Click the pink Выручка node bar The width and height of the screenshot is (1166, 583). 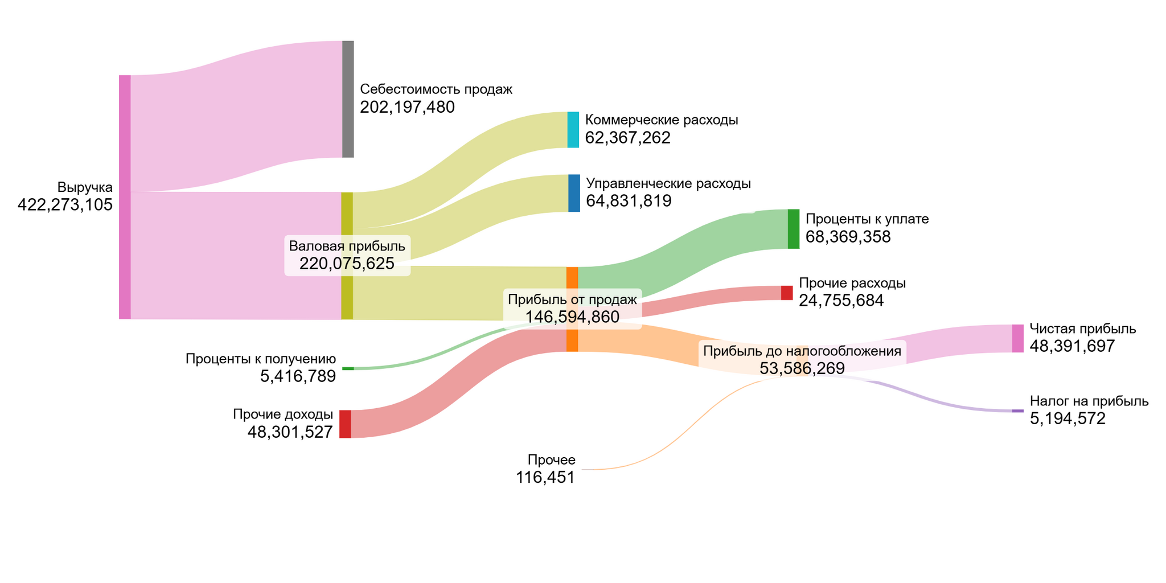point(125,197)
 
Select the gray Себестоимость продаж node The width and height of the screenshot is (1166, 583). point(348,99)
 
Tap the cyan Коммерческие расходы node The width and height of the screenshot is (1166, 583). point(573,130)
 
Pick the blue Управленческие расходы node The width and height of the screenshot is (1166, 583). point(574,193)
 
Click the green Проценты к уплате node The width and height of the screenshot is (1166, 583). point(793,229)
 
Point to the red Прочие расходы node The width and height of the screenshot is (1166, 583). point(786,293)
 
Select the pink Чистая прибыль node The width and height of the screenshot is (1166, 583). point(1017,338)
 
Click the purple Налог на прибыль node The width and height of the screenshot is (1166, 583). point(1017,410)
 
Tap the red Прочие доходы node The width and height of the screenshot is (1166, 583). point(345,424)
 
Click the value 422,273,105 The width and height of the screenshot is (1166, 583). point(65,205)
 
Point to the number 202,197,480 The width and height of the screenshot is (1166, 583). point(407,107)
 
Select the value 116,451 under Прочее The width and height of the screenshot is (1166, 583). point(545,478)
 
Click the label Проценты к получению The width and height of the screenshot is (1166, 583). point(261,359)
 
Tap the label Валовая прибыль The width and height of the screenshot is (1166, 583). point(347,246)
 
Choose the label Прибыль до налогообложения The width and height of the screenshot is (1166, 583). point(802,351)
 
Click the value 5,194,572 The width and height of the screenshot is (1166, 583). point(1068,419)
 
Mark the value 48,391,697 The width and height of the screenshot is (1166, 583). point(1072,346)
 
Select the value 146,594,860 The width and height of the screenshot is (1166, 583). point(572,317)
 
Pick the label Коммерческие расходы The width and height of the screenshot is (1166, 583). point(662,120)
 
